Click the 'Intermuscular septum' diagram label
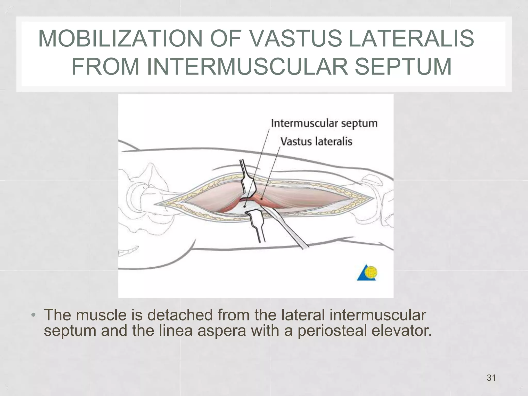click(324, 123)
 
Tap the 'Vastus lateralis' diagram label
click(316, 142)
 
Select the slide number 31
click(491, 378)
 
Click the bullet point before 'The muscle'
click(33, 316)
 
